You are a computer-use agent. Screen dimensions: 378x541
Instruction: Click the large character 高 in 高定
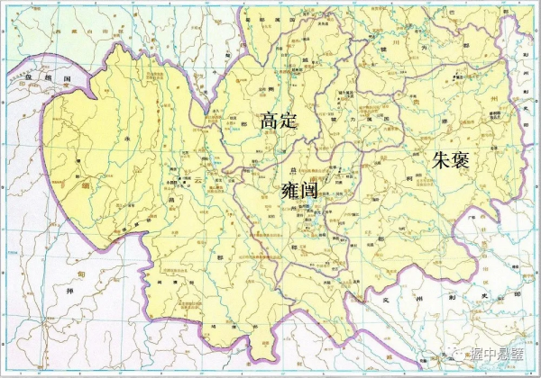tap(268, 121)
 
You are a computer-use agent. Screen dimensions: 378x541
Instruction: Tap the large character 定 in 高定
tap(289, 121)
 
